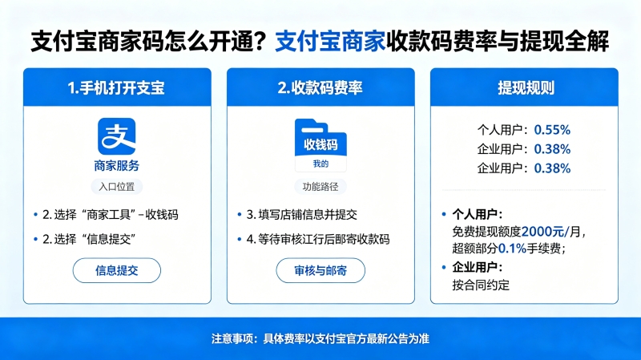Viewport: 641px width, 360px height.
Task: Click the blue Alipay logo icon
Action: tap(116, 136)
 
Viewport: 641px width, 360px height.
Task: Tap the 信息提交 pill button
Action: tap(117, 270)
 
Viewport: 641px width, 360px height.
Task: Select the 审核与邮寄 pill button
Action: tap(320, 270)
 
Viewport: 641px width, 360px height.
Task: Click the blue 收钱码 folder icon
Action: tap(320, 145)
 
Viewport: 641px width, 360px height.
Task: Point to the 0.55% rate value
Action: tap(552, 130)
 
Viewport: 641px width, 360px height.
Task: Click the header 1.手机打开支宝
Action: tap(116, 88)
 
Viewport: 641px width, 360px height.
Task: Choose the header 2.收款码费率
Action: tap(320, 88)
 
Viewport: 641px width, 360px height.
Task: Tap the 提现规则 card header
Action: tap(526, 88)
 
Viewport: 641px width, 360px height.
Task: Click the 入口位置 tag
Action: tap(117, 187)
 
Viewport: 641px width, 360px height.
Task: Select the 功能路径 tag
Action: tap(320, 187)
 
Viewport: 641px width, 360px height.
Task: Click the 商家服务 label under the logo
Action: tap(117, 166)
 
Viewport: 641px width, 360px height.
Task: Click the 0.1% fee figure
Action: tap(512, 249)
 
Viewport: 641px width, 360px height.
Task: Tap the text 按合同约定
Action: tap(481, 285)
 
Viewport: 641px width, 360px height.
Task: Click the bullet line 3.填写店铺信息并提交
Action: tap(302, 215)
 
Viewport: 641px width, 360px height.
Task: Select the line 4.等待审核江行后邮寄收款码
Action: tap(318, 239)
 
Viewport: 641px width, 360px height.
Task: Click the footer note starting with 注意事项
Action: tap(320, 338)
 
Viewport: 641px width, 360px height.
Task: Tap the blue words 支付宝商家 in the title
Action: tap(330, 42)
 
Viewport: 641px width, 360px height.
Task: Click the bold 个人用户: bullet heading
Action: tap(477, 214)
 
